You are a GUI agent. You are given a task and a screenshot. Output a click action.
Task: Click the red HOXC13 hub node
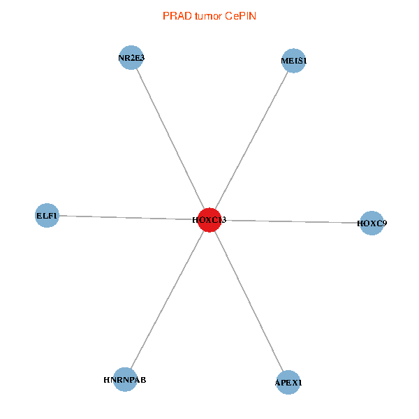click(209, 219)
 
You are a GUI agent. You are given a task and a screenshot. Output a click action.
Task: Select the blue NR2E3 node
click(131, 57)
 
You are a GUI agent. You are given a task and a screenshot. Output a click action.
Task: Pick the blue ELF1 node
click(47, 215)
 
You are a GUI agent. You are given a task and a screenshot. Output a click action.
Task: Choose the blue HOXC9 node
click(372, 223)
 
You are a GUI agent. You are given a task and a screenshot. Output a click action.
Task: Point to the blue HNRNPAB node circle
click(125, 379)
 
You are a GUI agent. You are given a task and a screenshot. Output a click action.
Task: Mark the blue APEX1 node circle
click(288, 382)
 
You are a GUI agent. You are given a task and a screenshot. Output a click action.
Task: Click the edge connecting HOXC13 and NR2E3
click(170, 138)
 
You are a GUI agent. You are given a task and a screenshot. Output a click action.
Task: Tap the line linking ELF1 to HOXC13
click(126, 217)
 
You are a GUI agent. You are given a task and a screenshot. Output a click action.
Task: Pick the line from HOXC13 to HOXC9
click(293, 221)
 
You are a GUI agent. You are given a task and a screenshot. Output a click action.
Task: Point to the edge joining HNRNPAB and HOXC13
click(167, 300)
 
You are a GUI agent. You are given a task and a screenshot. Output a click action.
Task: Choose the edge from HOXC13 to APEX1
click(249, 301)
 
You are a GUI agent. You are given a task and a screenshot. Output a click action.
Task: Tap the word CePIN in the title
click(241, 15)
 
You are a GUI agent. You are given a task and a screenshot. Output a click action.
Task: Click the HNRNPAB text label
click(125, 380)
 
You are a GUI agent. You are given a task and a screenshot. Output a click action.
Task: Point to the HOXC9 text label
click(372, 223)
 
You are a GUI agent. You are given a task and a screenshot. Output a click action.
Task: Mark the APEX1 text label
click(288, 383)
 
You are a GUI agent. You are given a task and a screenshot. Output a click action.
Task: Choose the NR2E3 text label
click(131, 58)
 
